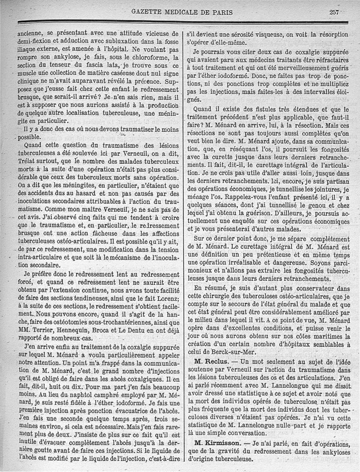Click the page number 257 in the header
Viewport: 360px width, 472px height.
point(334,12)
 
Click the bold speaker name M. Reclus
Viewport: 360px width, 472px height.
point(214,362)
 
